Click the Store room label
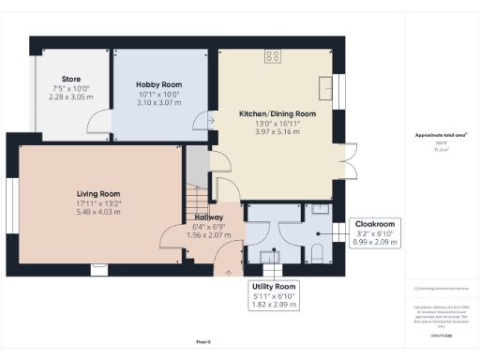click(x=71, y=79)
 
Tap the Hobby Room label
click(x=158, y=84)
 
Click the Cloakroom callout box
click(x=375, y=232)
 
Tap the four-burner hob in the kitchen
click(x=274, y=56)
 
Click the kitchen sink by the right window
click(x=326, y=87)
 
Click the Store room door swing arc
click(x=96, y=122)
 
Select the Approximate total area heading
click(x=442, y=135)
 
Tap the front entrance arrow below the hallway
click(x=229, y=273)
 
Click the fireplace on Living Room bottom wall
click(x=97, y=269)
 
